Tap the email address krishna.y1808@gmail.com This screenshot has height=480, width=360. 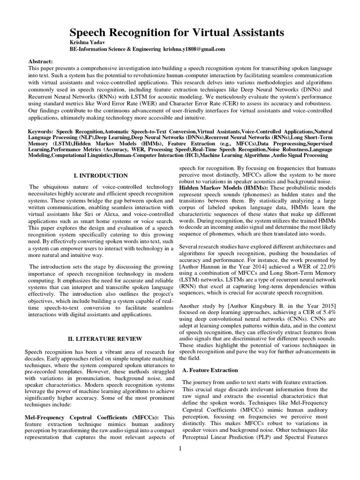[x=194, y=49]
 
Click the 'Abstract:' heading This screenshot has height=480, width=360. [x=41, y=61]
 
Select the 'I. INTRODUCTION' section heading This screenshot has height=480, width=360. [x=101, y=175]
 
